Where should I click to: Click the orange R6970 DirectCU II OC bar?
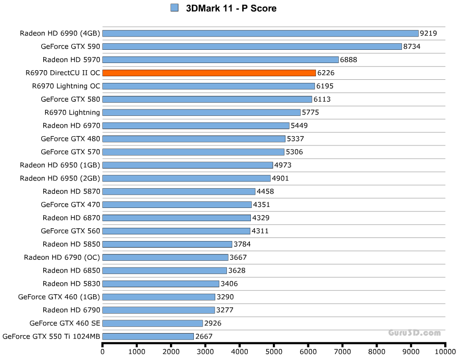point(209,73)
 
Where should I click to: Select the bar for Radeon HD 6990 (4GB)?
point(260,33)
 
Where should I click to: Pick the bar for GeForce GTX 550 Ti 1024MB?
point(148,336)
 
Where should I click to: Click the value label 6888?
point(349,59)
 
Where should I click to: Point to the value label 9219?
point(428,33)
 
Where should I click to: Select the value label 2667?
point(204,336)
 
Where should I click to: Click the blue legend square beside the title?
point(175,8)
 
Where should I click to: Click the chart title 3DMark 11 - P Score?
point(232,8)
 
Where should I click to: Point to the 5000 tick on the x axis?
point(274,351)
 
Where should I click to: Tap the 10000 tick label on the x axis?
point(445,351)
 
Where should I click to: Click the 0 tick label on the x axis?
point(103,351)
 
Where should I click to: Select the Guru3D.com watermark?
point(415,333)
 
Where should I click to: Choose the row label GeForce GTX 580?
point(70,99)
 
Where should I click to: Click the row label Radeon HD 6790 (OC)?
point(62,257)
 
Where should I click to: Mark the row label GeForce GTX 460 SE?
point(65,323)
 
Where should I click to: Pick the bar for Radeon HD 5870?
point(179,191)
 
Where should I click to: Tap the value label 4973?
point(283,165)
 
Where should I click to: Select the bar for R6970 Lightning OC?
point(209,86)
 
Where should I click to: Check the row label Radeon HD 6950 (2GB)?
point(60,178)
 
